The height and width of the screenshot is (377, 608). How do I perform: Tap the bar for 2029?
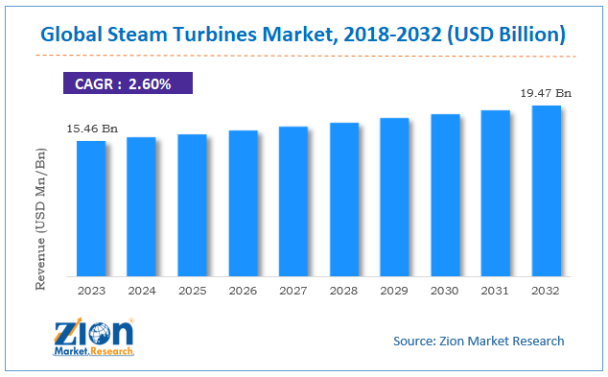click(x=394, y=196)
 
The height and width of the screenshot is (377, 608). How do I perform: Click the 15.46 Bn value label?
click(x=91, y=127)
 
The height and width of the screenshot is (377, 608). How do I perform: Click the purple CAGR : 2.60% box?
click(x=127, y=83)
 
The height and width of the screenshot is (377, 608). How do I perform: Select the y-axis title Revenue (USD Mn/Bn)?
click(x=41, y=219)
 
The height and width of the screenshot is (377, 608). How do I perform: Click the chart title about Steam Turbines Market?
click(x=304, y=35)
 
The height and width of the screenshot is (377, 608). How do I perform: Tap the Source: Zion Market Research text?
click(x=479, y=341)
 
